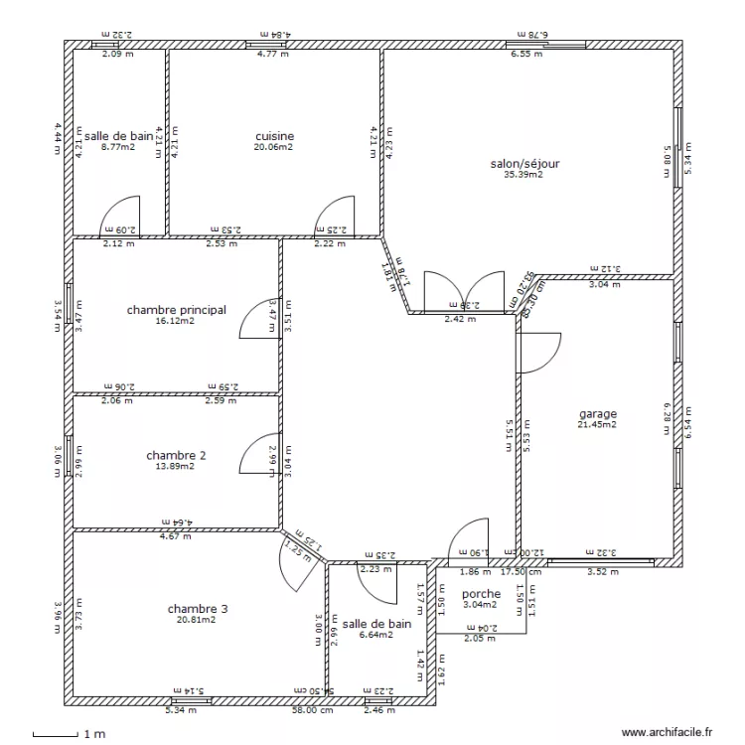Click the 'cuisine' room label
click(274, 136)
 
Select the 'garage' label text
click(597, 414)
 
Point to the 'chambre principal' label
click(176, 310)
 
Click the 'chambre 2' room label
click(176, 455)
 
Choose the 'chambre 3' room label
click(198, 608)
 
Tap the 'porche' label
click(481, 594)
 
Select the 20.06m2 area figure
click(274, 147)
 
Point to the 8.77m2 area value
click(120, 147)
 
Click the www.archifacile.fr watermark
click(668, 732)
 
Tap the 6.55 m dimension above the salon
click(526, 55)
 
